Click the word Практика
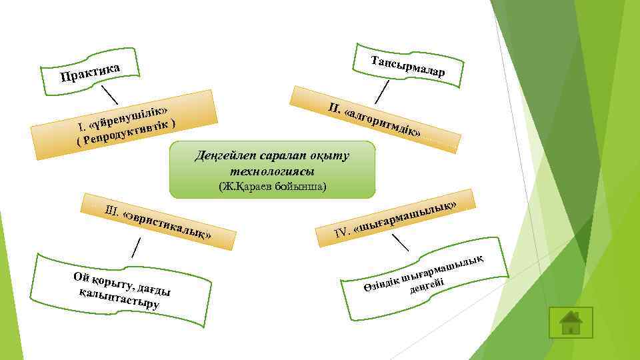[89, 73]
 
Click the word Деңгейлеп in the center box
[223, 156]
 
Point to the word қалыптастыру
[118, 299]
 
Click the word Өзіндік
[380, 284]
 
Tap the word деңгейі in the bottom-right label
[427, 286]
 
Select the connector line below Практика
[108, 93]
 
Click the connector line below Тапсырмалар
[383, 90]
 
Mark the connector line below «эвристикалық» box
[135, 246]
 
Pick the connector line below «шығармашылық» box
[399, 242]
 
